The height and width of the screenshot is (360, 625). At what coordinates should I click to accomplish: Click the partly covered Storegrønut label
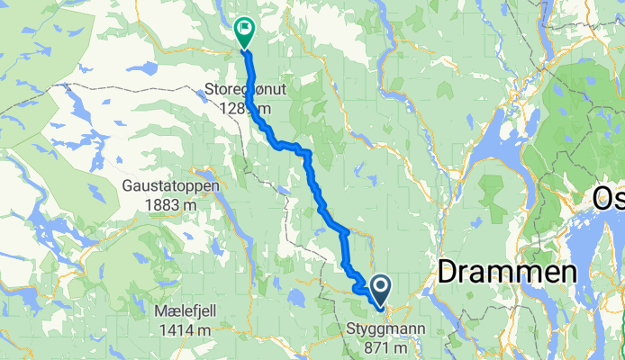236,91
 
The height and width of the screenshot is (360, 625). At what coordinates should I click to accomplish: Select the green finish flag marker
243,33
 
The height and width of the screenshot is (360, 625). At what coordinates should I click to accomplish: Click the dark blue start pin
380,290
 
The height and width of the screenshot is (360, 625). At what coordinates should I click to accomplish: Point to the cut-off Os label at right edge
609,200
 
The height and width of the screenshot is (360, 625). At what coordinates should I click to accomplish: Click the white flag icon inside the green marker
243,28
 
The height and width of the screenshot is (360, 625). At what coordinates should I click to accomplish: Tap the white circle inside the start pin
380,286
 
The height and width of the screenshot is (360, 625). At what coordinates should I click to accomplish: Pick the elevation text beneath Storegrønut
236,109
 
